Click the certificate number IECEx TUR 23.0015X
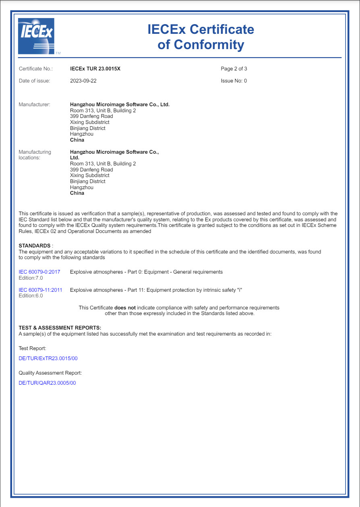tap(95, 69)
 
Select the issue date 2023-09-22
tap(83, 81)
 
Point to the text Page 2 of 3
tap(234, 69)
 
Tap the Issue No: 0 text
tap(234, 81)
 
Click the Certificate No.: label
tap(36, 69)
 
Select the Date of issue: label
tap(35, 81)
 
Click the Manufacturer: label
tap(35, 105)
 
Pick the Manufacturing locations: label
tap(35, 155)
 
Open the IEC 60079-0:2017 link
tap(39, 272)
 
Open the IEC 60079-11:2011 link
tap(41, 290)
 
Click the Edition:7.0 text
tap(31, 278)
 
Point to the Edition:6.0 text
tap(31, 296)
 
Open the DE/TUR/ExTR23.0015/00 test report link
tap(48, 359)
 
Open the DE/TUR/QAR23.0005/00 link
tap(47, 383)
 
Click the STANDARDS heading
tap(35, 246)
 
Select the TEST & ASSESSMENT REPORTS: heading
tap(60, 328)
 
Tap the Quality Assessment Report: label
tap(50, 373)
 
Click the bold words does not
tap(125, 308)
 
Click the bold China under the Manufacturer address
tap(77, 140)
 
